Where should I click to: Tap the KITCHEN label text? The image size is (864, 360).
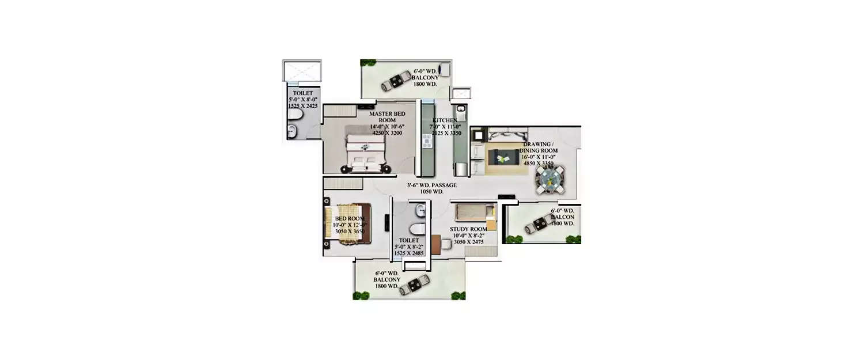(x=445, y=120)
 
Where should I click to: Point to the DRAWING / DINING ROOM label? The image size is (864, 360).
(x=540, y=147)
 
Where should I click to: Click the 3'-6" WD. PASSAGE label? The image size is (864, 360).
(x=431, y=185)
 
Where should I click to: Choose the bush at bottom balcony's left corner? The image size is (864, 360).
(x=361, y=295)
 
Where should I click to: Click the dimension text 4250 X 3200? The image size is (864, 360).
(x=385, y=133)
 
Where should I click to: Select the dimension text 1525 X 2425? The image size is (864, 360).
(x=303, y=107)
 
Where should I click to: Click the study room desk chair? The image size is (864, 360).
(x=436, y=245)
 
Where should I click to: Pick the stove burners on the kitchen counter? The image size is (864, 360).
(x=427, y=141)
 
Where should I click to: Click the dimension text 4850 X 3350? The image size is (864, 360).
(x=538, y=164)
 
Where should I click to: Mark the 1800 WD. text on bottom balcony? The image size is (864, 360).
(x=386, y=286)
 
